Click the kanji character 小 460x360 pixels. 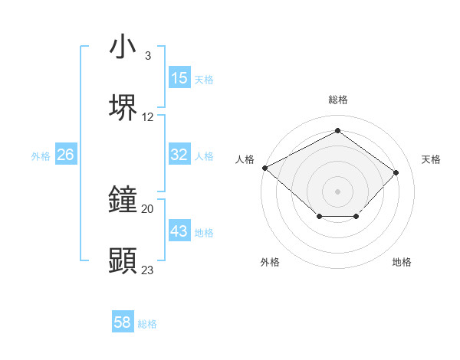[123, 47]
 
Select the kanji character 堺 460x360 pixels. [123, 108]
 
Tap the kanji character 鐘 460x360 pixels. [123, 200]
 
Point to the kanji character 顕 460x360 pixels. [123, 261]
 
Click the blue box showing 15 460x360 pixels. [179, 78]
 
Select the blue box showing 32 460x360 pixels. [179, 155]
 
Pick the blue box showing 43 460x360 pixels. [179, 231]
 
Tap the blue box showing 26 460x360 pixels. [65, 155]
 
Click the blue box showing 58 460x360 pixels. [123, 322]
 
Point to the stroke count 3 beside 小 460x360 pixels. [147, 56]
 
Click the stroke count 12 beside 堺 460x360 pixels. [148, 117]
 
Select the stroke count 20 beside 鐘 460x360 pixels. [148, 208]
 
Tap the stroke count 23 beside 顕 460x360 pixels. [148, 270]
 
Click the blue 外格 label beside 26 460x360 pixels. [41, 155]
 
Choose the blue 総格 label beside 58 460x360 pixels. [147, 323]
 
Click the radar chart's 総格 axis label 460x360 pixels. [338, 100]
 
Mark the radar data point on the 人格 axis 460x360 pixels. [264, 168]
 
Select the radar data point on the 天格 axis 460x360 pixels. [396, 172]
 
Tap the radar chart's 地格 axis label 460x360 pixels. [402, 262]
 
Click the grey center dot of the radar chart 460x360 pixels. [337, 190]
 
